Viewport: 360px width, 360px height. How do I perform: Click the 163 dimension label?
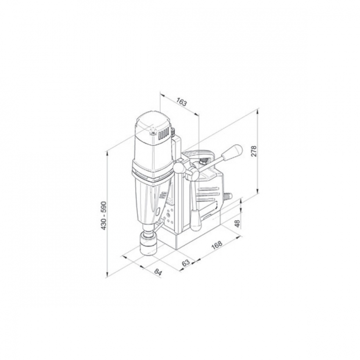pos(181,102)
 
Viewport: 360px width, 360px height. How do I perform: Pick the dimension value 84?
pos(158,272)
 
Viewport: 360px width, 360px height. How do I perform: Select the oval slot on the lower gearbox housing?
pos(157,210)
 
